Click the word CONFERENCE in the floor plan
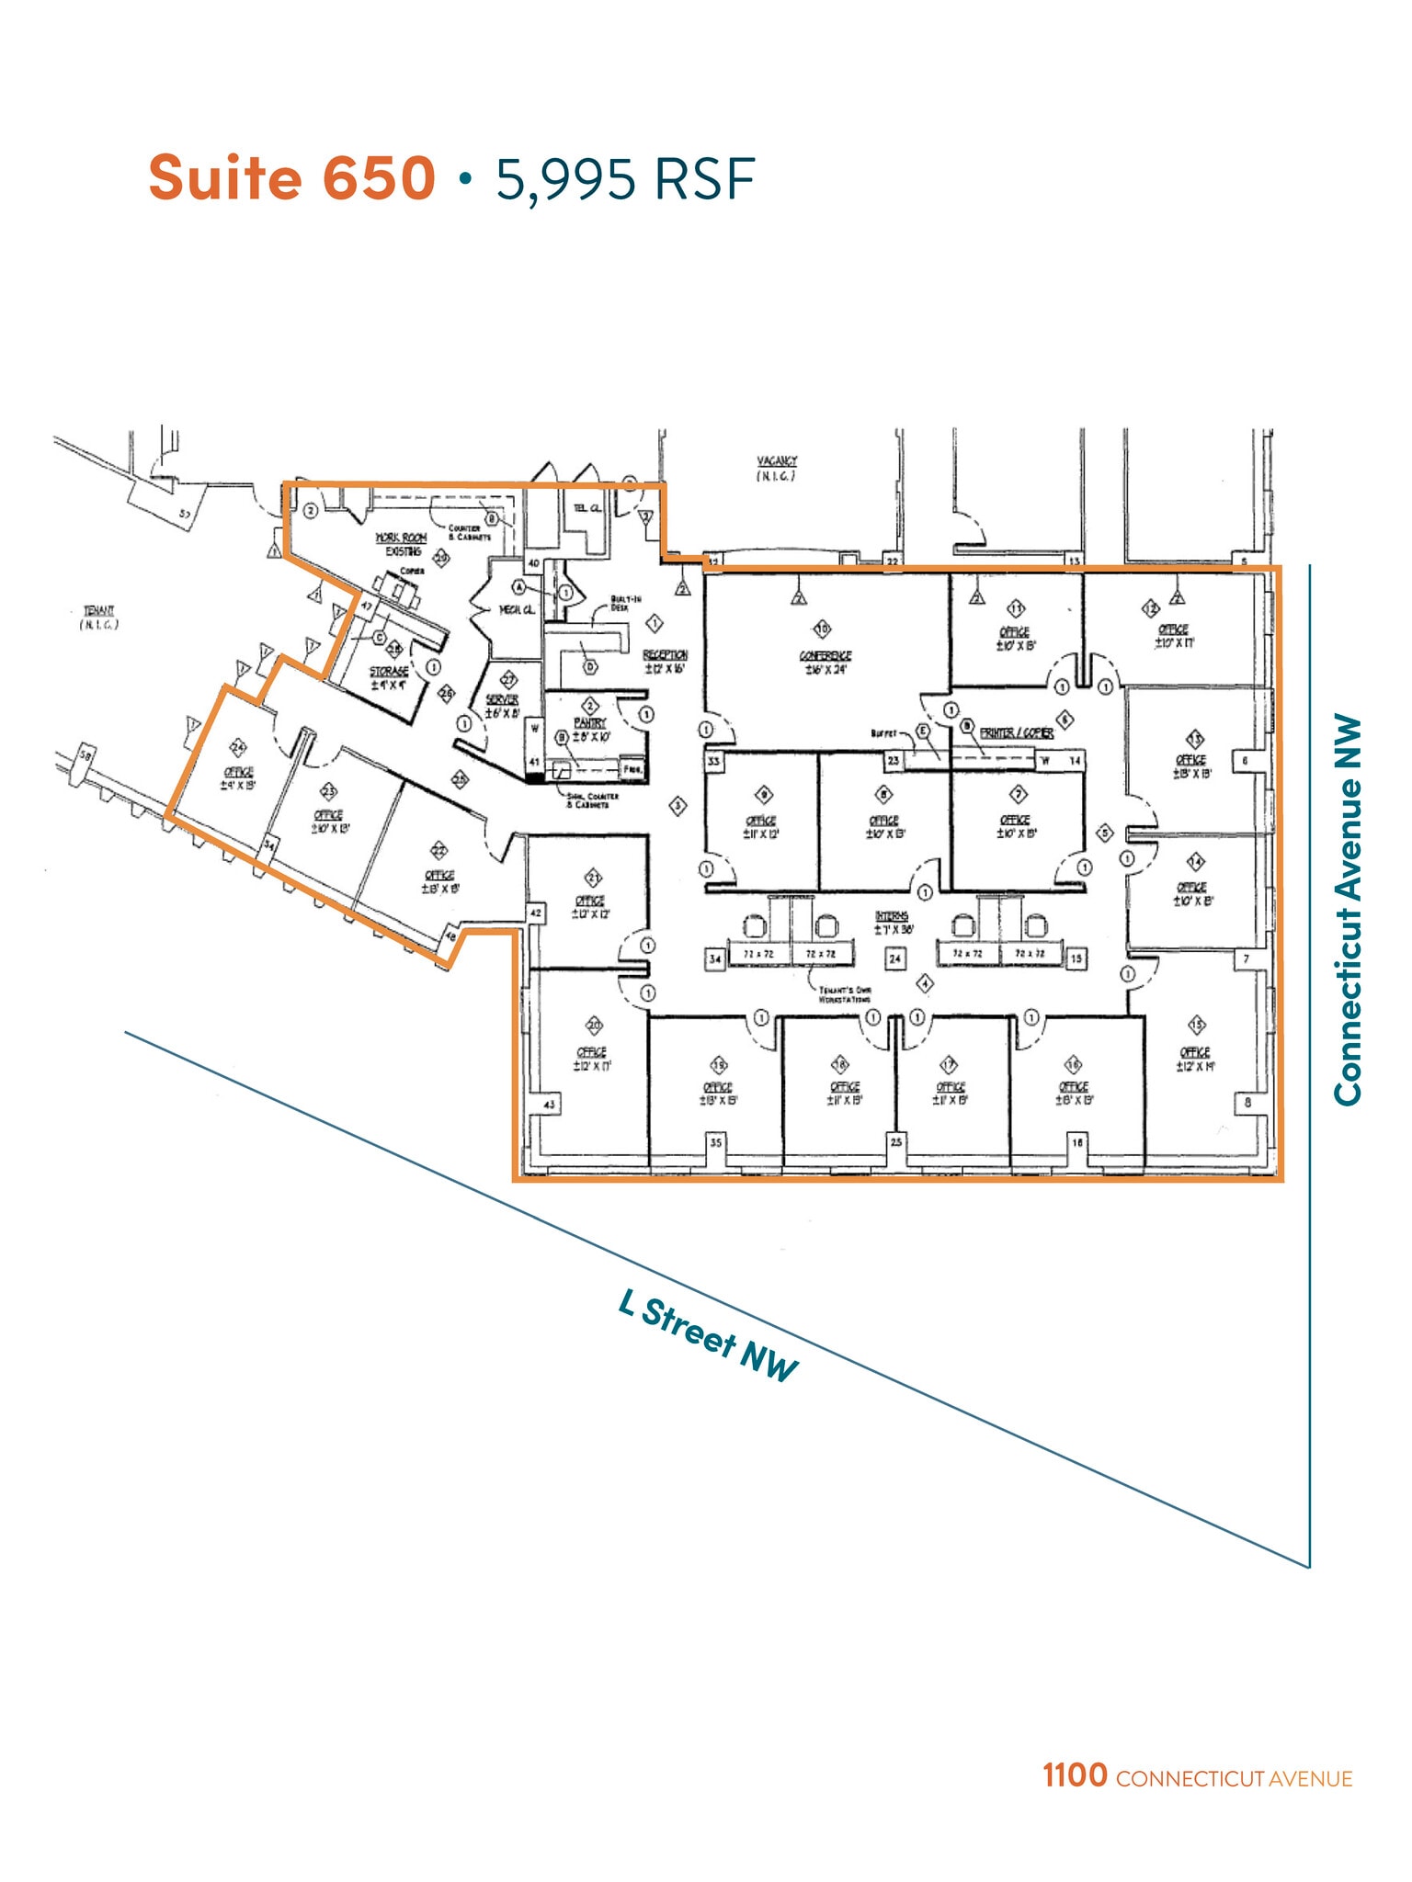pyautogui.click(x=826, y=655)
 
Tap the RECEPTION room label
pyautogui.click(x=665, y=654)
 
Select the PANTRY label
pyautogui.click(x=589, y=723)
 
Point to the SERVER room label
pyautogui.click(x=502, y=699)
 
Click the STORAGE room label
pyautogui.click(x=389, y=672)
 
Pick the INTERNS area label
pyautogui.click(x=892, y=916)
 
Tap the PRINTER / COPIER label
pyautogui.click(x=1016, y=732)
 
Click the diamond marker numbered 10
pyautogui.click(x=822, y=629)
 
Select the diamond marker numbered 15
pyautogui.click(x=1196, y=1026)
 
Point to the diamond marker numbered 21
pyautogui.click(x=594, y=878)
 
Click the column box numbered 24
pyautogui.click(x=894, y=958)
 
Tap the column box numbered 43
pyautogui.click(x=550, y=1104)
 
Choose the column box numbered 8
pyautogui.click(x=1247, y=1102)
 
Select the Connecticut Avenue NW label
pyautogui.click(x=1347, y=909)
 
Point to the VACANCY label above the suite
pyautogui.click(x=777, y=460)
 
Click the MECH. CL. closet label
pyautogui.click(x=516, y=609)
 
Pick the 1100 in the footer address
pyautogui.click(x=1075, y=1774)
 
